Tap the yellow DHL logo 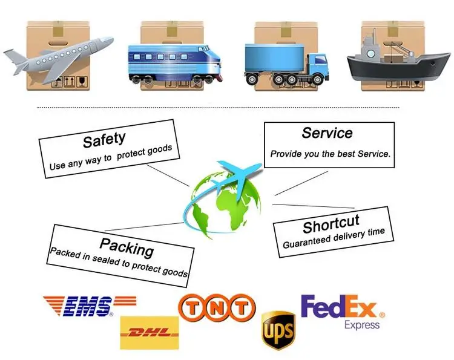[x=150, y=332]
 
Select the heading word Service [x=327, y=133]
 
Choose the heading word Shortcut [x=331, y=225]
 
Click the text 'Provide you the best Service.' [x=330, y=154]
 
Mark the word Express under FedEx [x=362, y=325]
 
